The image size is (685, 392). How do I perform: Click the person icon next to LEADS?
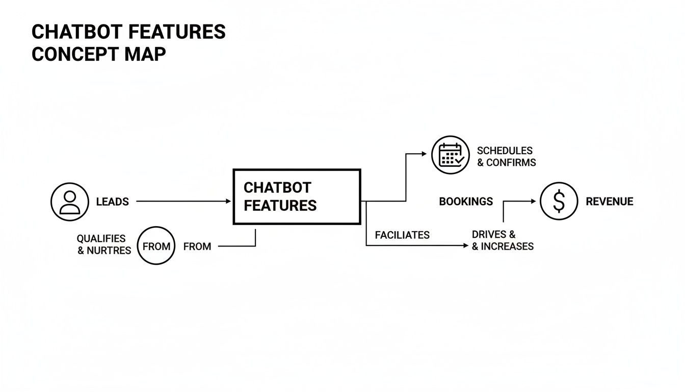pyautogui.click(x=70, y=202)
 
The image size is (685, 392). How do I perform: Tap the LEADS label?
pyautogui.click(x=112, y=202)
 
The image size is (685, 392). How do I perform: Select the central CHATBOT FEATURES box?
pyautogui.click(x=297, y=197)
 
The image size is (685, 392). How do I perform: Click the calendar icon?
pyautogui.click(x=450, y=154)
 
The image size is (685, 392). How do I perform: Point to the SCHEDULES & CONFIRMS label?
pyautogui.click(x=506, y=156)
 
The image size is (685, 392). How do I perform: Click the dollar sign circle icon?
pyautogui.click(x=559, y=202)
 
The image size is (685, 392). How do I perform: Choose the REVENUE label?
pyautogui.click(x=609, y=202)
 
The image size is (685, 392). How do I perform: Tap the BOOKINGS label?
pyautogui.click(x=466, y=202)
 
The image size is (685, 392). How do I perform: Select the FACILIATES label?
pyautogui.click(x=402, y=235)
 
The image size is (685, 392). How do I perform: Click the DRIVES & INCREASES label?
pyautogui.click(x=502, y=240)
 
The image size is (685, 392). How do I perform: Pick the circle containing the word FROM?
pyautogui.click(x=156, y=246)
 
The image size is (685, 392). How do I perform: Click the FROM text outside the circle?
pyautogui.click(x=197, y=247)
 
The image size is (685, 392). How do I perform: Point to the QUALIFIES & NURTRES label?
pyautogui.click(x=104, y=244)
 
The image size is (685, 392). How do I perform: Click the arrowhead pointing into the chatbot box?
pyautogui.click(x=228, y=202)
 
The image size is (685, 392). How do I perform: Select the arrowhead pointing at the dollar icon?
pyautogui.click(x=533, y=202)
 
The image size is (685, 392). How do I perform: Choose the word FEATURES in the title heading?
pyautogui.click(x=176, y=32)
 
